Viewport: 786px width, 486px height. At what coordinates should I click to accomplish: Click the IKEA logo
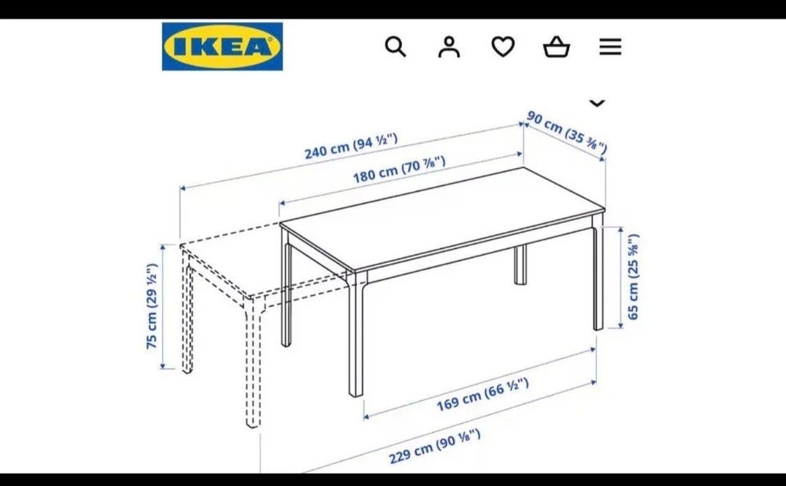(222, 46)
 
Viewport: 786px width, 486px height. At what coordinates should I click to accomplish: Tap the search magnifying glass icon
(395, 47)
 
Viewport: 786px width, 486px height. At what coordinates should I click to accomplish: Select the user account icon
(449, 47)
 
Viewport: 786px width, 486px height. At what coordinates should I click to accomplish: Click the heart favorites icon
(503, 47)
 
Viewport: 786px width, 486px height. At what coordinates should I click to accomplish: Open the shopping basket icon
(557, 48)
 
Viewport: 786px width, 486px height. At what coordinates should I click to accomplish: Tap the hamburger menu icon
(610, 47)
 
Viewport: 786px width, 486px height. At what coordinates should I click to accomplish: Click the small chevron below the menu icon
(597, 102)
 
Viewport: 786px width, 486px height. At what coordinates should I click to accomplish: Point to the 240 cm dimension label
(351, 146)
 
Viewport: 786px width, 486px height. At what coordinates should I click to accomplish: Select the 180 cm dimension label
(399, 170)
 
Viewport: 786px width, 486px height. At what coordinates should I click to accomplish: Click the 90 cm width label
(567, 133)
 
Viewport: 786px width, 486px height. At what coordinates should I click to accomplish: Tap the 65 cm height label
(634, 276)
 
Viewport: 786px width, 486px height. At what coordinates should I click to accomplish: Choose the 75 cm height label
(152, 306)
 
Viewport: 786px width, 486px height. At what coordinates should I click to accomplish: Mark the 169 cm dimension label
(483, 394)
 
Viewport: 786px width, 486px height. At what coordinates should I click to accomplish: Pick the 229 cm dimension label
(435, 447)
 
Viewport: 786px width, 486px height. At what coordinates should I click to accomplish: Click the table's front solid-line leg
(356, 334)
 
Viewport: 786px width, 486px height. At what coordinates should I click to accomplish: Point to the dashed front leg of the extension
(253, 362)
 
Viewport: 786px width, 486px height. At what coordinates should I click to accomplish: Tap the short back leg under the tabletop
(521, 265)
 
